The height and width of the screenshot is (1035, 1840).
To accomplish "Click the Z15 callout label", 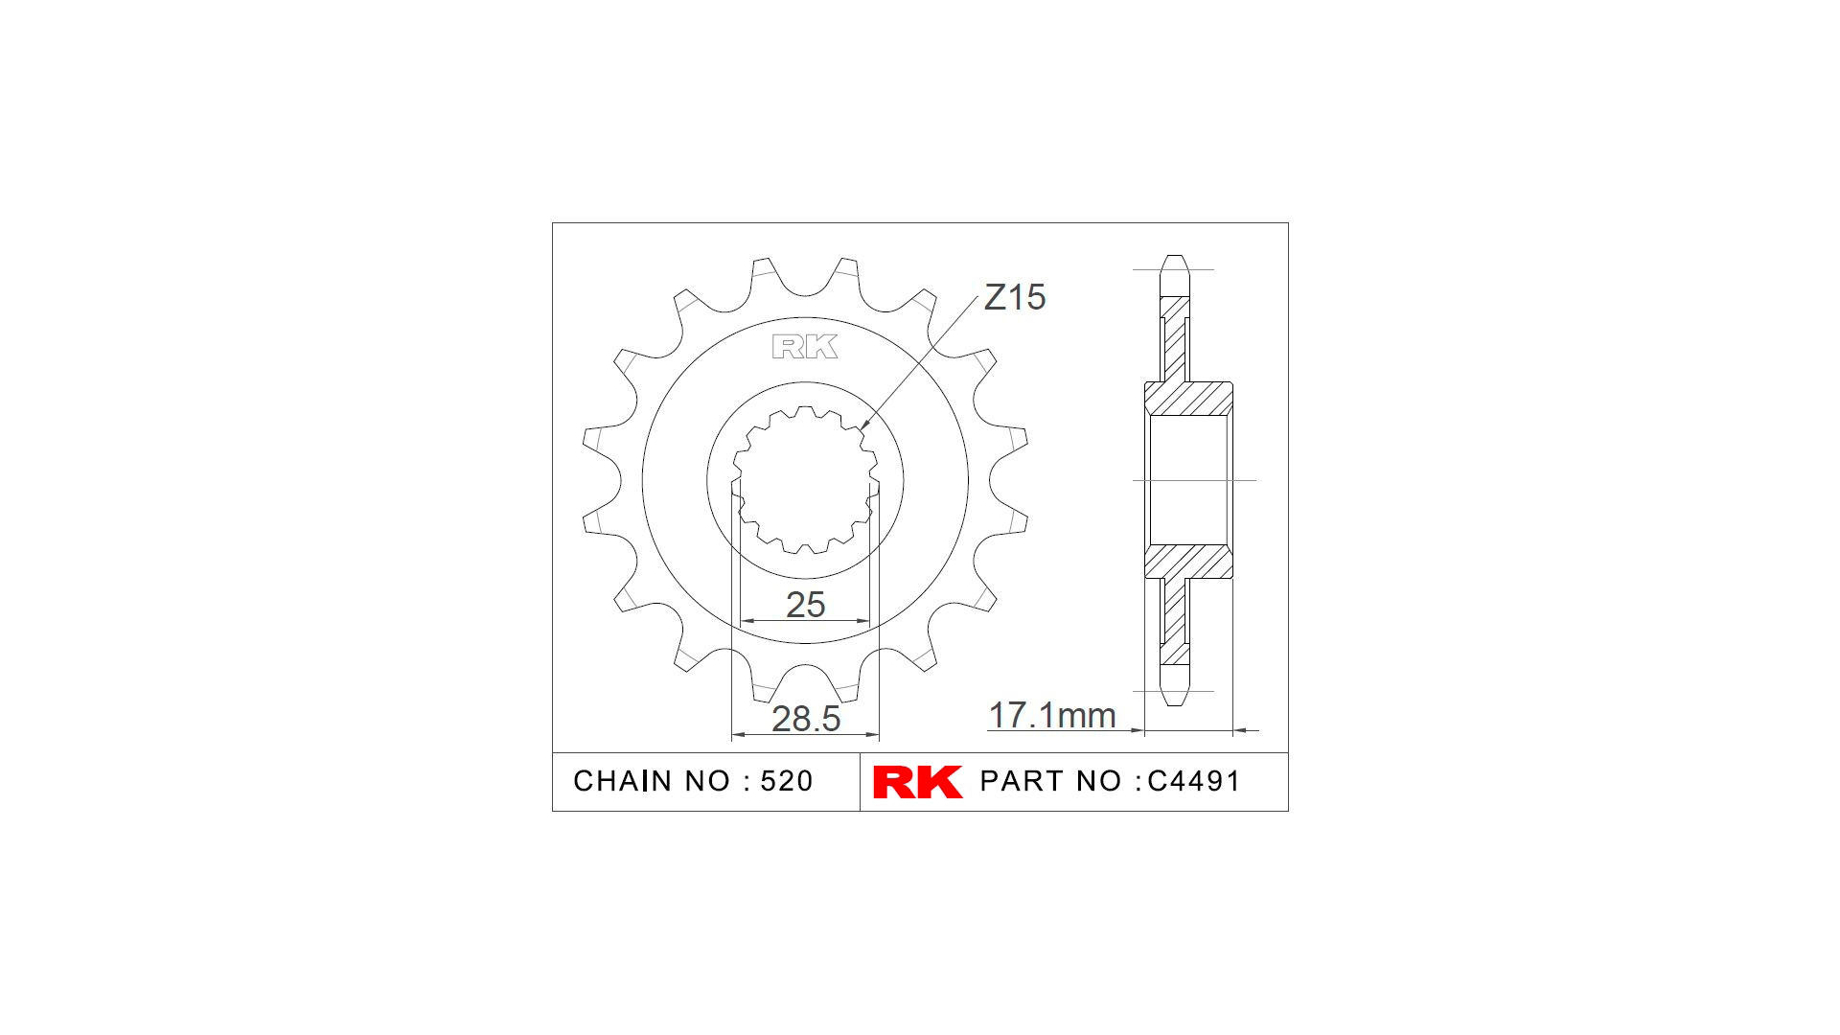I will click(x=1014, y=298).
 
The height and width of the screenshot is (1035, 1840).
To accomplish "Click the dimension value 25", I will click(x=805, y=605).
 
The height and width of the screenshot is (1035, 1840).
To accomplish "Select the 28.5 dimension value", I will click(x=805, y=719).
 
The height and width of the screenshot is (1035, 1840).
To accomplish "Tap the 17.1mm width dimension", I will click(x=1051, y=716).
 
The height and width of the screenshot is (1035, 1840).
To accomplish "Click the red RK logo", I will click(x=917, y=782).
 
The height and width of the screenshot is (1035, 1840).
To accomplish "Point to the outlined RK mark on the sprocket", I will click(x=804, y=347).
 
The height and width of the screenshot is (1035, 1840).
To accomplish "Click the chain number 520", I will click(x=786, y=782).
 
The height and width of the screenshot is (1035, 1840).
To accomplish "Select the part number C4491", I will click(x=1193, y=782).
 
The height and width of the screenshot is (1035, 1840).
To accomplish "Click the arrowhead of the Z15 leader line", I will click(x=863, y=425).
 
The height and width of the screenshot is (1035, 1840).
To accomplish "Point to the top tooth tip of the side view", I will click(x=1174, y=260).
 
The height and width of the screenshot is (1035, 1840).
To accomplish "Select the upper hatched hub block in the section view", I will click(x=1188, y=399).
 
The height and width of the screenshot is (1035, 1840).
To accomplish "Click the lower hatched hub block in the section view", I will click(x=1188, y=562).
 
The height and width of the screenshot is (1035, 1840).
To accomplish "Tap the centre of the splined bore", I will click(x=805, y=480).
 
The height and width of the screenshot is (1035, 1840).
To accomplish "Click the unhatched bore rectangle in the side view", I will click(x=1188, y=480).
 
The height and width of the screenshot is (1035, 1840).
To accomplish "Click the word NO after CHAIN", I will click(x=707, y=782).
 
